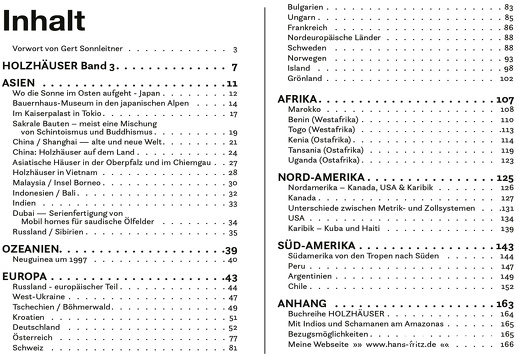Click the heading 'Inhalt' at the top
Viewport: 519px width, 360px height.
click(38, 18)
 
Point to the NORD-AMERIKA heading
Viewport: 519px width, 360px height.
click(323, 177)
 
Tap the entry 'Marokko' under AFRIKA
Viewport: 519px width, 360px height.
click(303, 111)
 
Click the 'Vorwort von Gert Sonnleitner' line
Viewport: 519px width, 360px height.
click(71, 48)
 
